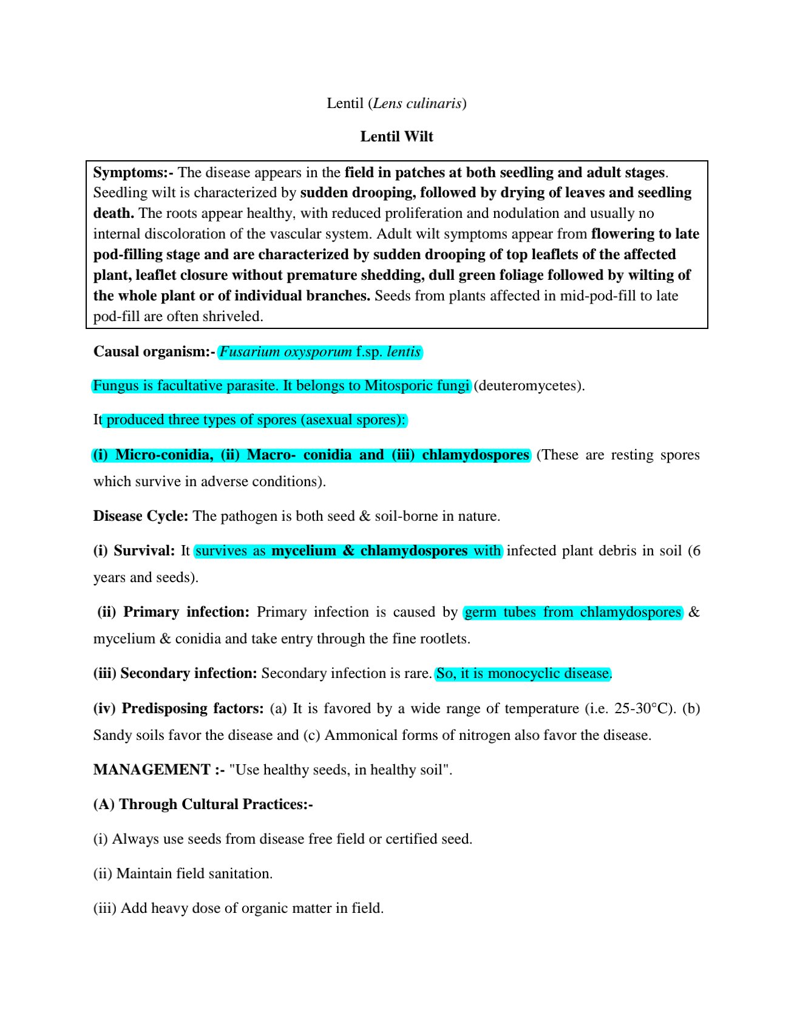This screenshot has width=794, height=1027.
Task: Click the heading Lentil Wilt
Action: tap(396, 137)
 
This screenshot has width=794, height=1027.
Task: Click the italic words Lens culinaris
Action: tap(417, 103)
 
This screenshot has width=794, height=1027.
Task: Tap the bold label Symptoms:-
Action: tap(133, 172)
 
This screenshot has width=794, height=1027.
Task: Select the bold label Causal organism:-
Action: tap(154, 351)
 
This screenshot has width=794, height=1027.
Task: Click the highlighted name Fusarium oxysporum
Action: tap(285, 351)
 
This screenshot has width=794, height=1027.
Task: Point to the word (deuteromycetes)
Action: tap(529, 385)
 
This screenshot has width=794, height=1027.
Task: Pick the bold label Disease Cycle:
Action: tap(141, 516)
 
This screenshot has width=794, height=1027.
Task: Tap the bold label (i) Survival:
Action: tap(134, 551)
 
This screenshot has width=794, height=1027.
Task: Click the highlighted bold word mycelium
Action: tap(304, 551)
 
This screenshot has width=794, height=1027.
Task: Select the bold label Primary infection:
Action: tap(186, 612)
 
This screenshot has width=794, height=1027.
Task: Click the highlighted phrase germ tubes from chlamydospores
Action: tap(572, 612)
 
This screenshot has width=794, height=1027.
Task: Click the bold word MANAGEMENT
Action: tap(152, 770)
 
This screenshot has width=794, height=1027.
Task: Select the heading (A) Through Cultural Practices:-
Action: tap(203, 804)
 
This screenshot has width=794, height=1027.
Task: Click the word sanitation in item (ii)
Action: tap(240, 873)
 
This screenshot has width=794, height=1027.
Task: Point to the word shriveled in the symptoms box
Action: tap(235, 316)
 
